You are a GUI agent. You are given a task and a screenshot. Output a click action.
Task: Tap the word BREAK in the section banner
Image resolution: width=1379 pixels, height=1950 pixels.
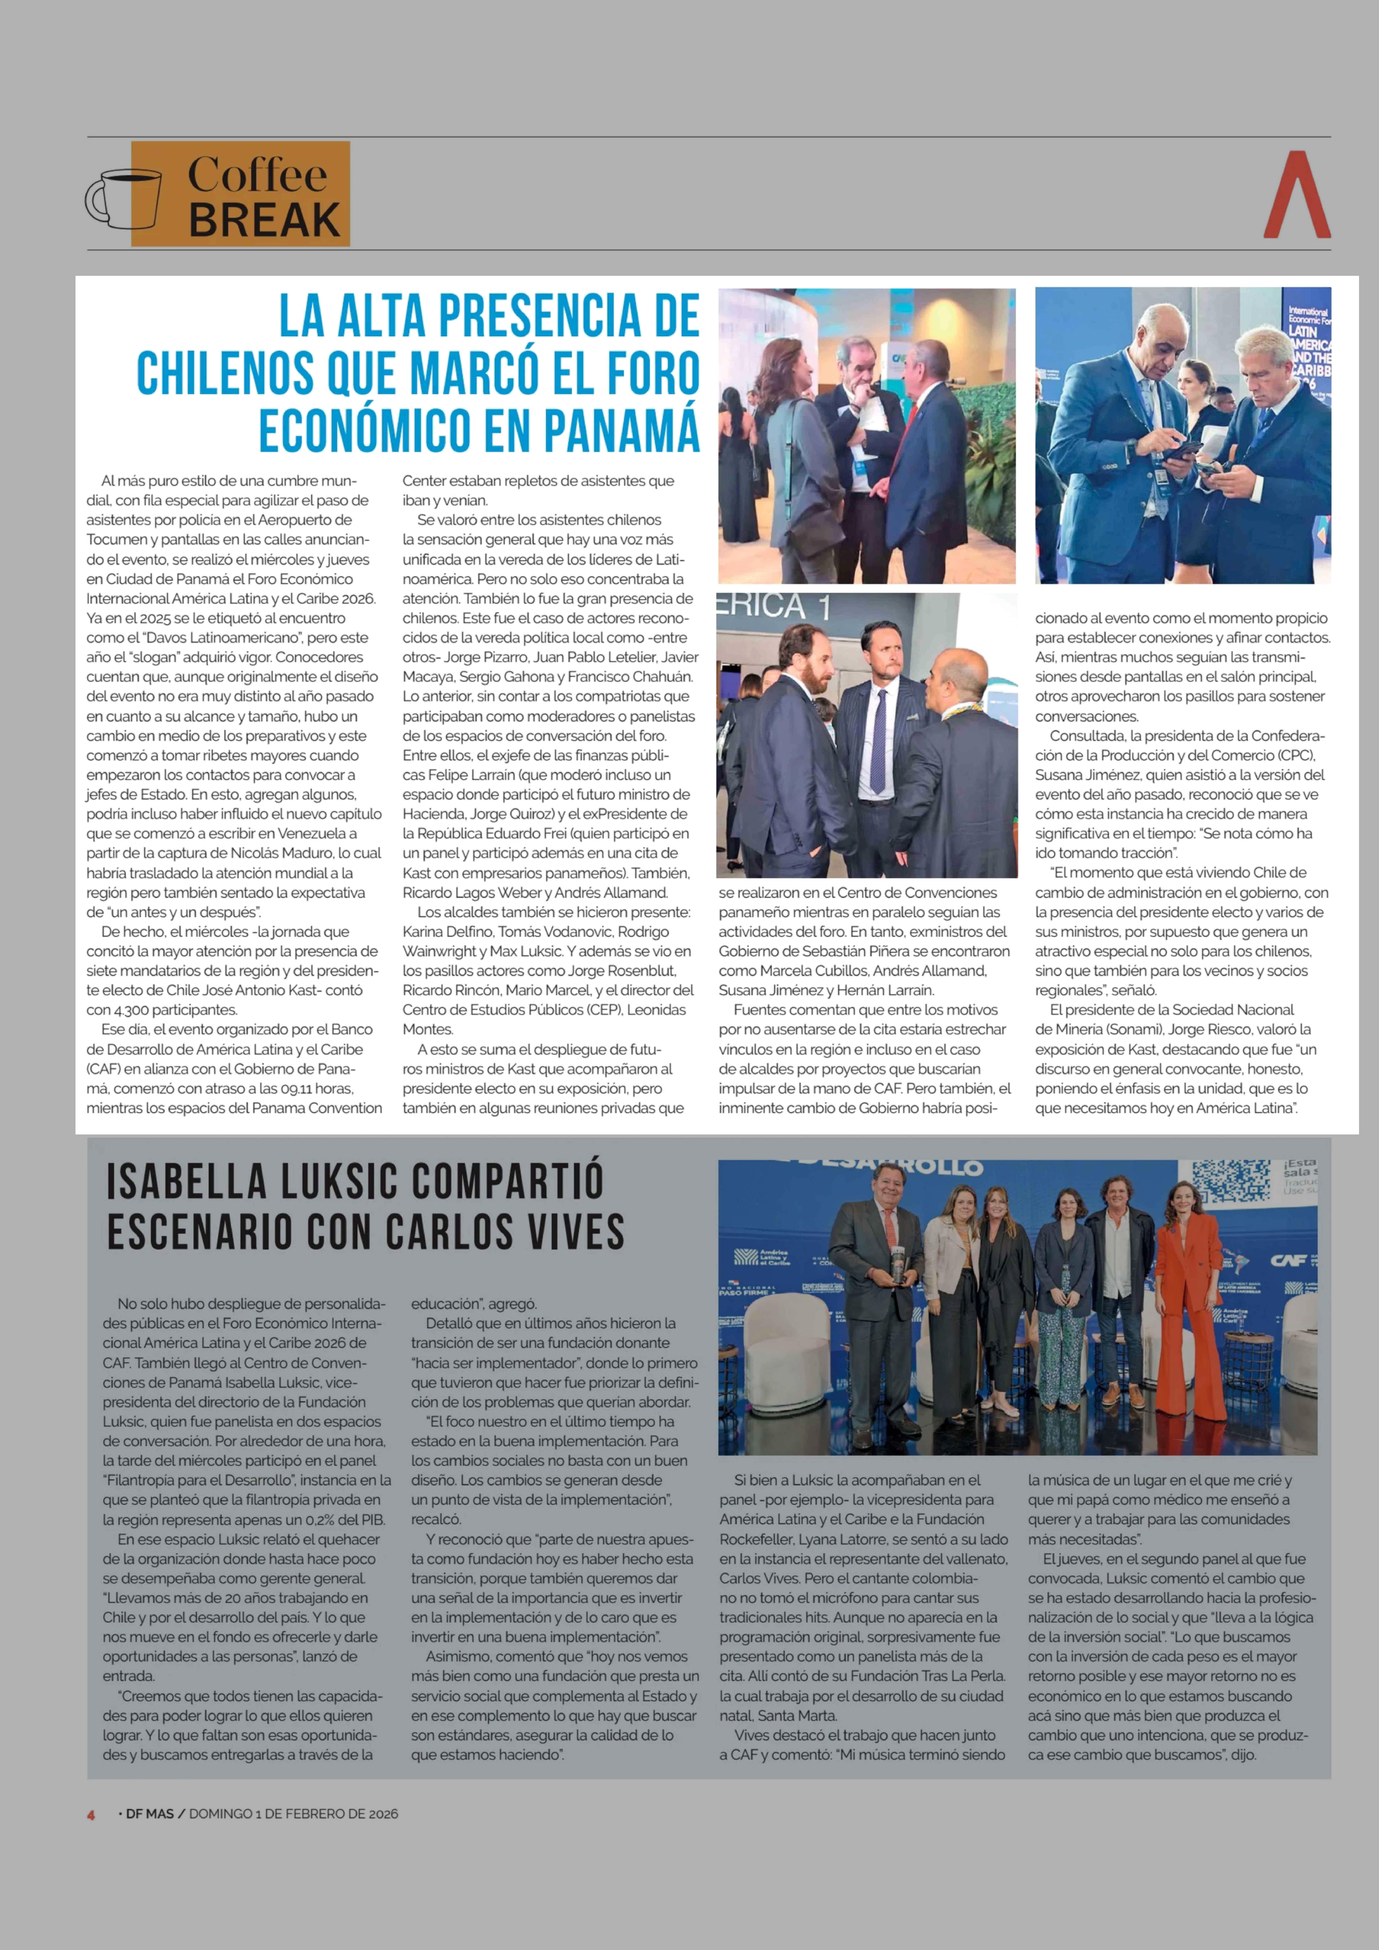click(264, 221)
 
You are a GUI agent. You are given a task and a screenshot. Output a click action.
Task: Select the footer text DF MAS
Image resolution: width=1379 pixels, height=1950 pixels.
click(150, 1814)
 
